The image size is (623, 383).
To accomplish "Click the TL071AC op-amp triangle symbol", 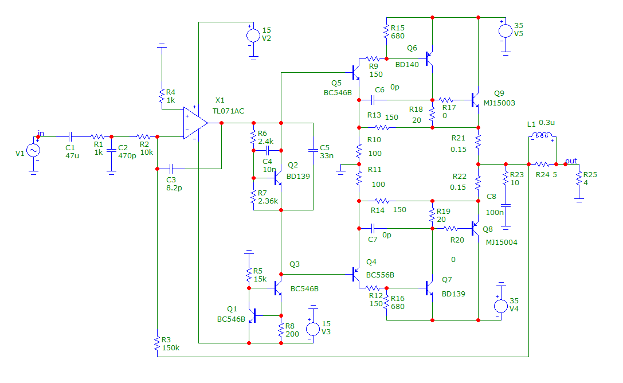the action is click(x=195, y=123).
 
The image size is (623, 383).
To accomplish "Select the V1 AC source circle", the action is click(x=33, y=150).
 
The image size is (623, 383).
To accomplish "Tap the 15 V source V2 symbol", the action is click(x=253, y=36).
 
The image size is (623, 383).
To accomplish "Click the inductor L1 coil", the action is click(x=542, y=136).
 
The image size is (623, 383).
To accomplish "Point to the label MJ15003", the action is click(x=499, y=103).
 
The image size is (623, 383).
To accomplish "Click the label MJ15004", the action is click(x=501, y=242).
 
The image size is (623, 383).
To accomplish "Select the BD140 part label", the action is click(x=407, y=64).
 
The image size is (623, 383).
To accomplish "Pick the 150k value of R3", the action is click(x=171, y=347).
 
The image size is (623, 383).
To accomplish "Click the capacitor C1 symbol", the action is click(x=70, y=136).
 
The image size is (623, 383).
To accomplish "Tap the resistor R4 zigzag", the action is click(x=162, y=96).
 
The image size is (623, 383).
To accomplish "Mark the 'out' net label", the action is click(x=571, y=161).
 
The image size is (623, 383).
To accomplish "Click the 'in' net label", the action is click(x=41, y=133).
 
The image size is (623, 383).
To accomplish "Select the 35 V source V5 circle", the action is click(x=506, y=30).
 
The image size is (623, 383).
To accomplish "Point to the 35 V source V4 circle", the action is click(x=501, y=306).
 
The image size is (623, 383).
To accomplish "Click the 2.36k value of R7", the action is click(x=268, y=201).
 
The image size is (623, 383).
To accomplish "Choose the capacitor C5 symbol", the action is click(x=313, y=151).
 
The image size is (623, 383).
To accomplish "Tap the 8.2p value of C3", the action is click(x=174, y=188).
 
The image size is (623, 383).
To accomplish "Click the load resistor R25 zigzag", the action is click(x=579, y=178).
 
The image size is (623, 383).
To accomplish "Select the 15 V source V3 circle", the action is click(x=313, y=329).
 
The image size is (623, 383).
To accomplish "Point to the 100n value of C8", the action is click(x=495, y=213).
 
